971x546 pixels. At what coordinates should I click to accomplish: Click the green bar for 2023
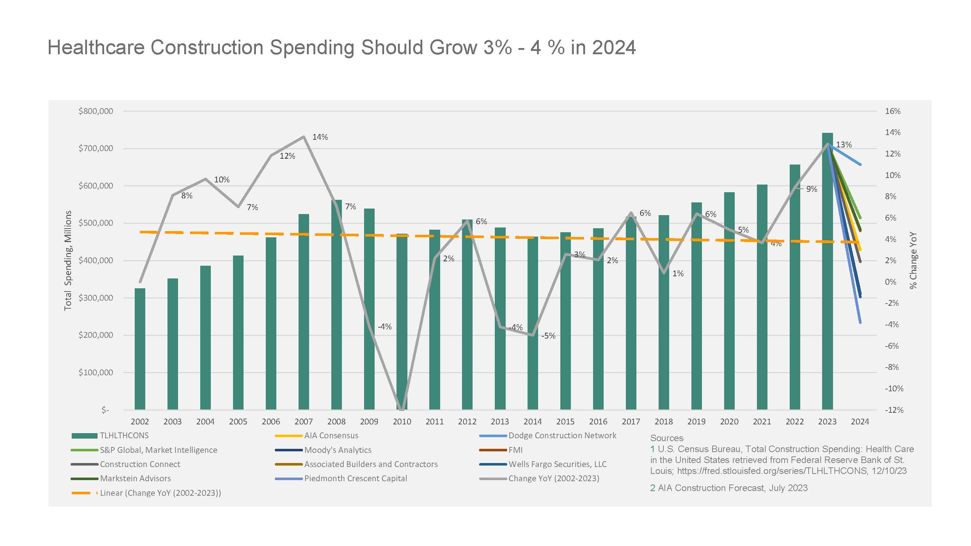(x=828, y=271)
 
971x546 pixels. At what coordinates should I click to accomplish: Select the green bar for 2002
(x=140, y=349)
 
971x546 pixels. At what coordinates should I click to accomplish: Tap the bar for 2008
(x=336, y=304)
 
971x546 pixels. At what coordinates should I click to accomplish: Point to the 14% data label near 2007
(x=320, y=137)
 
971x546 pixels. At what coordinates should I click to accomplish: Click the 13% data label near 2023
(x=844, y=145)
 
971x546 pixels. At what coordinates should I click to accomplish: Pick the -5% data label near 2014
(x=548, y=336)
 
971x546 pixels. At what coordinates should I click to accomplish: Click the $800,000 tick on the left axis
(x=96, y=111)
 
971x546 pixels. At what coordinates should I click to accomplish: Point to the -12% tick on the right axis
(x=894, y=410)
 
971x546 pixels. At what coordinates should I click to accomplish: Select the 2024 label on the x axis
(x=860, y=422)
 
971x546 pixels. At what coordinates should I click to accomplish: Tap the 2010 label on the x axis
(x=402, y=422)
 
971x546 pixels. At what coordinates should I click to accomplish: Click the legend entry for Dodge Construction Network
(x=548, y=436)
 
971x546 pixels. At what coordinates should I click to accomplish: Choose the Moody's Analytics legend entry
(x=323, y=450)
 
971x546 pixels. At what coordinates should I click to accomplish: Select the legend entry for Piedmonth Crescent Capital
(x=341, y=479)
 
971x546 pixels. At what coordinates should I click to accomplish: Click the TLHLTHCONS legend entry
(x=110, y=436)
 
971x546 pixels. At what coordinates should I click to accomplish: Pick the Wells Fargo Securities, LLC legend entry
(x=543, y=464)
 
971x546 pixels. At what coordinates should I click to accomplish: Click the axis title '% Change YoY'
(x=913, y=260)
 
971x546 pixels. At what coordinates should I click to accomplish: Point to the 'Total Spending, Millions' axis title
(x=68, y=260)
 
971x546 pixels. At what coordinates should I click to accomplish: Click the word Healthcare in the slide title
(x=96, y=48)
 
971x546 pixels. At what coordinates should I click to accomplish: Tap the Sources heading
(x=666, y=438)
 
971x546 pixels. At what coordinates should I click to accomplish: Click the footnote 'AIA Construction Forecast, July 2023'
(x=733, y=488)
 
